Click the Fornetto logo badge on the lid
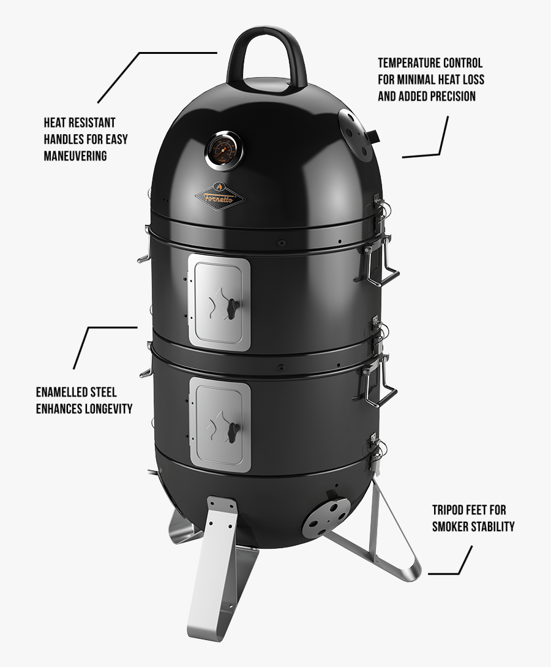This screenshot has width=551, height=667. pos(219,195)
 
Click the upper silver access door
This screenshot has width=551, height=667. pos(219,304)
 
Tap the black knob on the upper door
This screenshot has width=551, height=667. pos(232,309)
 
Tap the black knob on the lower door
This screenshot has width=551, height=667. pos(232,429)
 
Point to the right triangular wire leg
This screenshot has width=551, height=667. pos(392,533)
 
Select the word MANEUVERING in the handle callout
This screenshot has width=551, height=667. pos(75,156)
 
